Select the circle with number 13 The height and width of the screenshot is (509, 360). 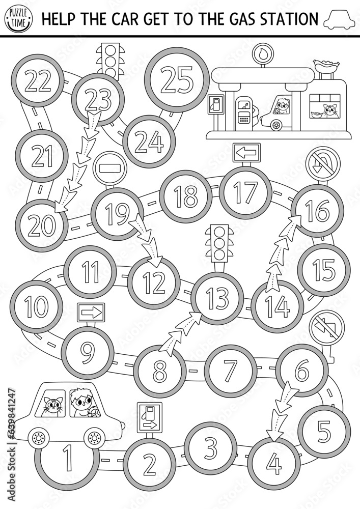[x=217, y=298]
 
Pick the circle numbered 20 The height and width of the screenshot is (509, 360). [x=41, y=224]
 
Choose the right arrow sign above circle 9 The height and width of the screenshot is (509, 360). [x=90, y=310]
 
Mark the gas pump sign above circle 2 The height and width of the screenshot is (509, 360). [x=150, y=417]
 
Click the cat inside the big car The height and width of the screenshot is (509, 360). [x=52, y=406]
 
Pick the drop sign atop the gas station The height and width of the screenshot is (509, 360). [x=262, y=53]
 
